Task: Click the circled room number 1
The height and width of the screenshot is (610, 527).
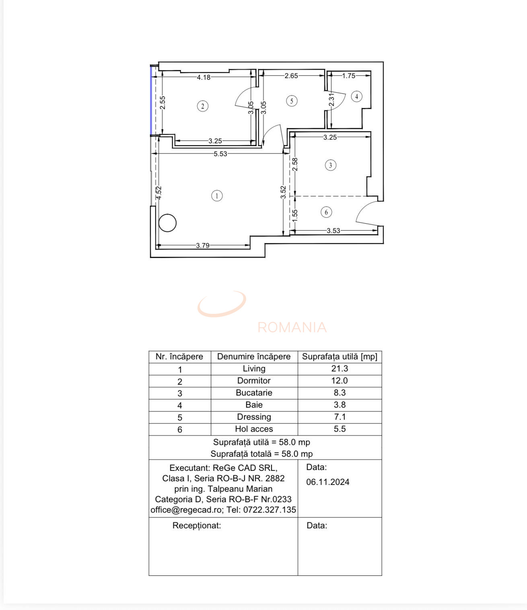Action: point(217,196)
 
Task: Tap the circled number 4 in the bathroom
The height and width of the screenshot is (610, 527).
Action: point(356,97)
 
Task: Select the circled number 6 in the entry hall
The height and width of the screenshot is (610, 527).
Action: point(326,212)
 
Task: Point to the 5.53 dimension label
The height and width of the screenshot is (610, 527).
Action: point(220,154)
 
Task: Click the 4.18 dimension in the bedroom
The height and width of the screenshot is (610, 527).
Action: point(204,77)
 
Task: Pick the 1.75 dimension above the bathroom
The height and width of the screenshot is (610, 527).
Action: point(348,76)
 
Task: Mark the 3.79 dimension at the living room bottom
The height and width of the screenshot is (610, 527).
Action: point(203,245)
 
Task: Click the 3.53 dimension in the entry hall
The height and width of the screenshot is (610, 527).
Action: point(333,231)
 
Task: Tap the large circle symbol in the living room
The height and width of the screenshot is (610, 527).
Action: point(167,223)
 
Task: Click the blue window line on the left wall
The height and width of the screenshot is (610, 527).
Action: point(151,101)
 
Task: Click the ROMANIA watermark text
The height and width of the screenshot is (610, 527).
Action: point(292,328)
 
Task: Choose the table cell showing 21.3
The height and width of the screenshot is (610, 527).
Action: point(340,369)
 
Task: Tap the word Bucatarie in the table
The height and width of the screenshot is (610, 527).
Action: point(254,393)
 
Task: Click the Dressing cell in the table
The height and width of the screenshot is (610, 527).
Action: point(254,417)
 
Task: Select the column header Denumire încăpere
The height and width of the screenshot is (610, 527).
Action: point(254,357)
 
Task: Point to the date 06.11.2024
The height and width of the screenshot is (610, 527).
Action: point(327,482)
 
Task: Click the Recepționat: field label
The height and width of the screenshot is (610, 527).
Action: point(197,526)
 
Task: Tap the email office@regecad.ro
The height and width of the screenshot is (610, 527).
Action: point(186,510)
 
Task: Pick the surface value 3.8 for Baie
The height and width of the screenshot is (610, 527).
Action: point(340,405)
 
